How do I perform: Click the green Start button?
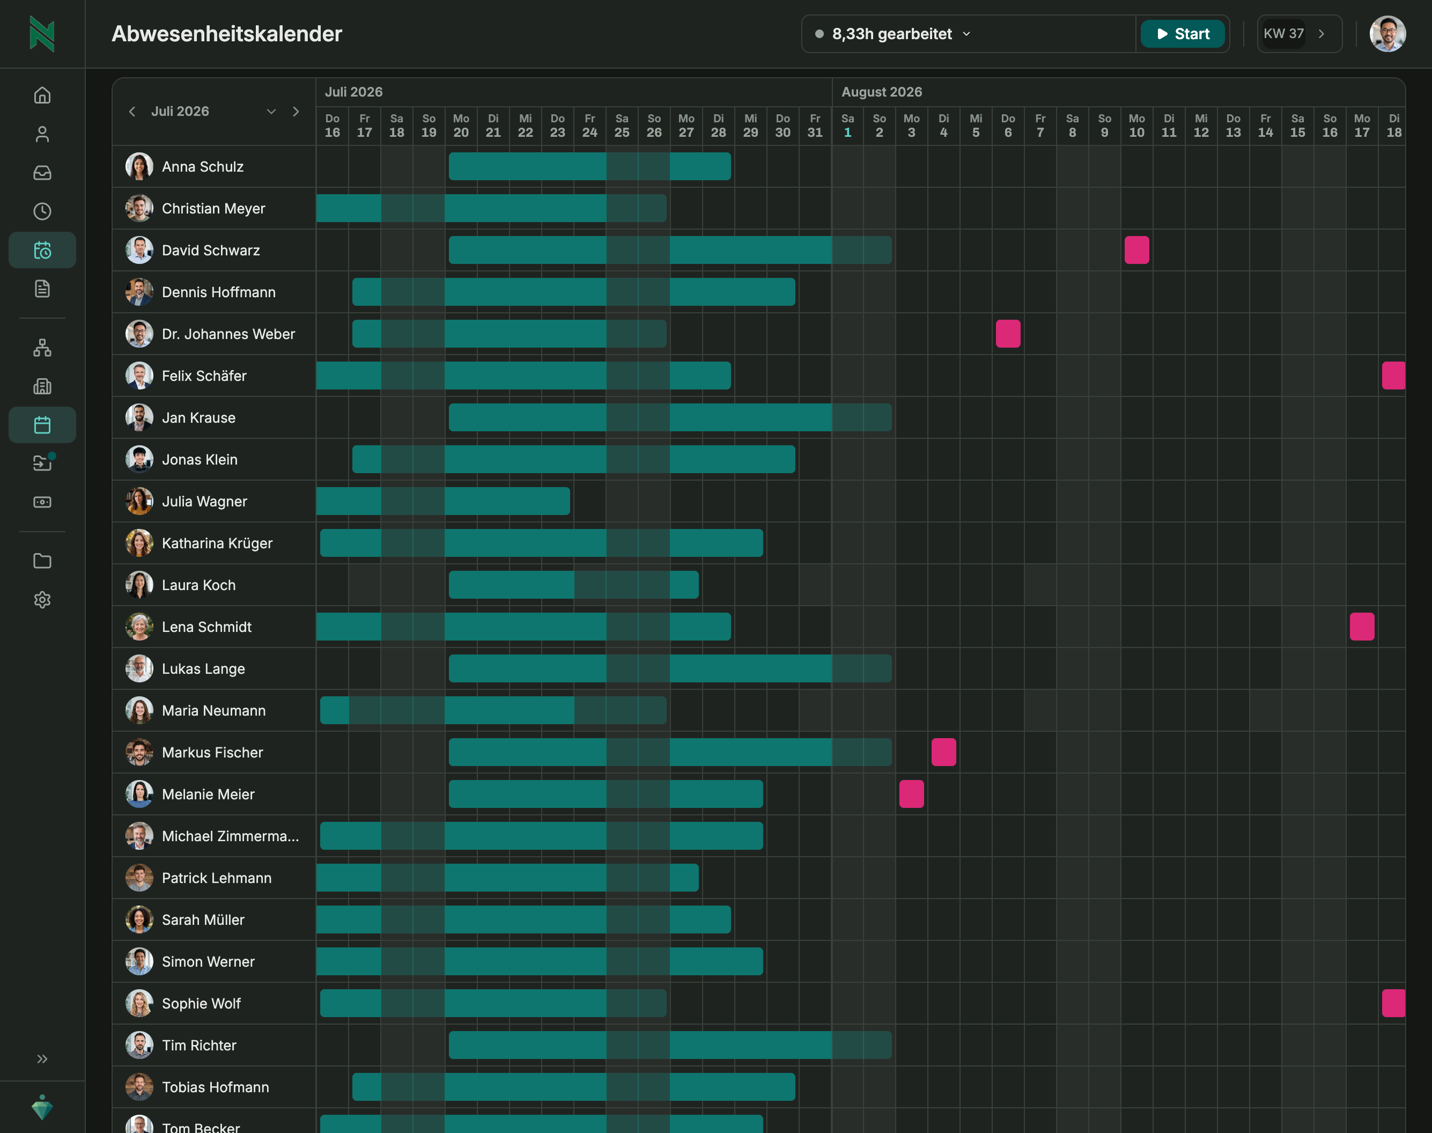point(1183,34)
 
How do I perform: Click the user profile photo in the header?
point(1387,34)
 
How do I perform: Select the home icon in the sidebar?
point(42,95)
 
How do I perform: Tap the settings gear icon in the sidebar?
point(42,600)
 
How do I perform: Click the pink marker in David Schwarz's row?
point(1137,250)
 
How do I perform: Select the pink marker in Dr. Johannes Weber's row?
point(1008,334)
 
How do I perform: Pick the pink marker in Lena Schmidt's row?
point(1362,627)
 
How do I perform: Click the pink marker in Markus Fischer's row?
point(944,752)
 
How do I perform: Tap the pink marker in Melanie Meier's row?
point(911,794)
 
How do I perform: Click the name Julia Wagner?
point(204,502)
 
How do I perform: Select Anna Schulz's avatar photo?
point(139,166)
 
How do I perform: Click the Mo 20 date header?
point(461,126)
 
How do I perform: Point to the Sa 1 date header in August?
point(847,126)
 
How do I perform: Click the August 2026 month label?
point(882,92)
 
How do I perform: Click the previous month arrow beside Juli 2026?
point(132,112)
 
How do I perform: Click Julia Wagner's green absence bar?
point(443,502)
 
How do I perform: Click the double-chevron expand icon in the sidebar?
point(42,1059)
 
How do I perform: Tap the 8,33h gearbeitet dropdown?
point(892,34)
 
